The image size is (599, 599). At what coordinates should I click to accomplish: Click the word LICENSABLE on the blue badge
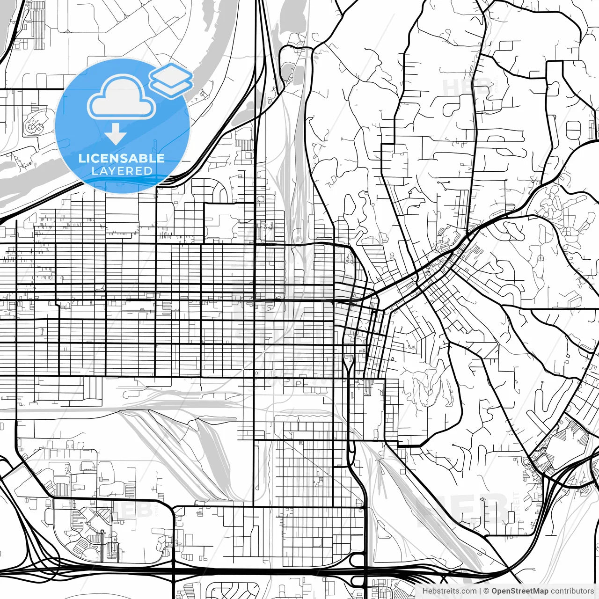(x=122, y=159)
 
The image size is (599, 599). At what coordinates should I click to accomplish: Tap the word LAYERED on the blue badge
(x=122, y=171)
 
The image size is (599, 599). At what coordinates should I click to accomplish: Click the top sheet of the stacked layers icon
(x=171, y=74)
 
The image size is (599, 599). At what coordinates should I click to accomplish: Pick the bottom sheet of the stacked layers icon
(x=171, y=87)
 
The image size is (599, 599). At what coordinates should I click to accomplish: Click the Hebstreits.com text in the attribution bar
(x=449, y=591)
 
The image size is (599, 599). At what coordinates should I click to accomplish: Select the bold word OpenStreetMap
(x=520, y=591)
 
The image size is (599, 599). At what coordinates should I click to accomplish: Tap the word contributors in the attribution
(x=572, y=591)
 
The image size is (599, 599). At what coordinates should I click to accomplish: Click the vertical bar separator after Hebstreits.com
(x=480, y=591)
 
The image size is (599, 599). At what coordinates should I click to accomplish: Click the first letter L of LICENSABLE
(x=82, y=159)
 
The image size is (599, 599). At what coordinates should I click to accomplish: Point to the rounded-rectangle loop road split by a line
(x=573, y=130)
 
